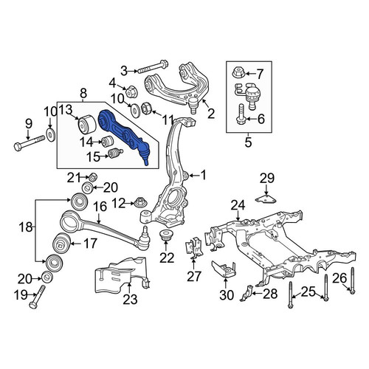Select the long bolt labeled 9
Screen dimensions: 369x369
[29, 143]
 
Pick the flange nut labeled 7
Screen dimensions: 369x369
[238, 72]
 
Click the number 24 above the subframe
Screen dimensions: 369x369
[238, 205]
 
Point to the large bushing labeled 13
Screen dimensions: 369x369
[87, 125]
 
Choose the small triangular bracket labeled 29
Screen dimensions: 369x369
[266, 199]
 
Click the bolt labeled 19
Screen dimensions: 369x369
[38, 297]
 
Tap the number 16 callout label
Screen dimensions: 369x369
[100, 207]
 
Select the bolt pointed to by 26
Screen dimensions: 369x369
[352, 280]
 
